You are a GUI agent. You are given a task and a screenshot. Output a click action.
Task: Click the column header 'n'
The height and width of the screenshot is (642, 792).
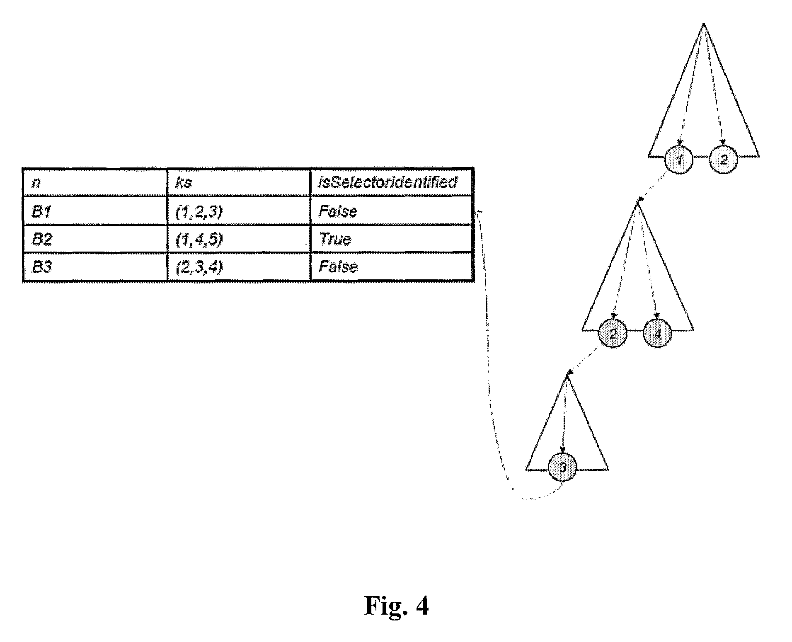(36, 183)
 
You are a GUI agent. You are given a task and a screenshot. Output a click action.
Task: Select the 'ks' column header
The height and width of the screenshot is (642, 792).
(184, 183)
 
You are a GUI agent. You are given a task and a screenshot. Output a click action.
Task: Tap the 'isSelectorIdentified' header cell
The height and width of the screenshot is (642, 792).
(388, 182)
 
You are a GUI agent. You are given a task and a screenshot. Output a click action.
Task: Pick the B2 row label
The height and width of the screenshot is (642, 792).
(42, 239)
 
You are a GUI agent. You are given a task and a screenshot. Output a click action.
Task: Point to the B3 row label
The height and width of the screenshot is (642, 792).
(42, 267)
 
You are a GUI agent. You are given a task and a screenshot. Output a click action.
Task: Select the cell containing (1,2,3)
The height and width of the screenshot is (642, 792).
(199, 211)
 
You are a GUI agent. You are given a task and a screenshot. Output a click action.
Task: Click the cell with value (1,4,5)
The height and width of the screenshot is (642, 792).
(199, 239)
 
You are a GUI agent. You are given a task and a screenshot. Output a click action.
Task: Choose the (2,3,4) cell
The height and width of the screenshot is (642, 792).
(199, 267)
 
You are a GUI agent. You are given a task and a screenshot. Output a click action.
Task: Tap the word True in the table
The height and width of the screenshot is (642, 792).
(335, 239)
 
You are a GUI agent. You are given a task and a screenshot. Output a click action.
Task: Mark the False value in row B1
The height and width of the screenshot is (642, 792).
(337, 211)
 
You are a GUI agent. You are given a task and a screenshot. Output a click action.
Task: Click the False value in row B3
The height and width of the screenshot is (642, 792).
(337, 267)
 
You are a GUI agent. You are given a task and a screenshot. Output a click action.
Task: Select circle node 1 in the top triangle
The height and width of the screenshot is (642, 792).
(679, 160)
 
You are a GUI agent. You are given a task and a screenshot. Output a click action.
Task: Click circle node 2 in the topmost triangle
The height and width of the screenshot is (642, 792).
(724, 160)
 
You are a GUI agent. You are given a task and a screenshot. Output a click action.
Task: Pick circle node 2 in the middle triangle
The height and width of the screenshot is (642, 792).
(613, 333)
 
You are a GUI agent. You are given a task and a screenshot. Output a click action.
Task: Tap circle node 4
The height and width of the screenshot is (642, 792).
(657, 333)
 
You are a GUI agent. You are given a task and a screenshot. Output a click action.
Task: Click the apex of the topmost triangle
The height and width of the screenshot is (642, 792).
(703, 24)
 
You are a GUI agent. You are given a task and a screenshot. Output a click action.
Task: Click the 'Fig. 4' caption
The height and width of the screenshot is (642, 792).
(396, 606)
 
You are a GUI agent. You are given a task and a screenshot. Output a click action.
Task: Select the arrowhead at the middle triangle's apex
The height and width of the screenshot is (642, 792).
(639, 201)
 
